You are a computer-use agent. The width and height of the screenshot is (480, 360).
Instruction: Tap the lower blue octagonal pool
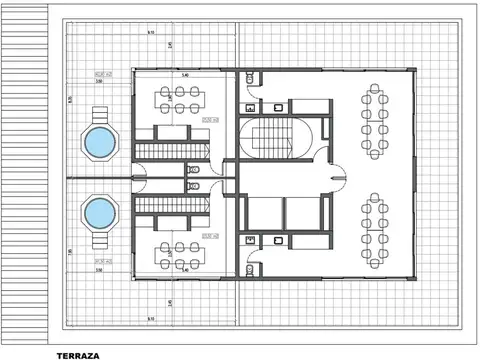tap(99, 212)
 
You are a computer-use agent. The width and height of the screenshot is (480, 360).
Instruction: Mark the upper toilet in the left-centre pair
tap(195, 170)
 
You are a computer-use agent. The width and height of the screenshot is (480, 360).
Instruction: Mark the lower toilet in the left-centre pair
tap(195, 185)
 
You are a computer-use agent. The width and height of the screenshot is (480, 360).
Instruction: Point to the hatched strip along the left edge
tap(21, 175)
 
